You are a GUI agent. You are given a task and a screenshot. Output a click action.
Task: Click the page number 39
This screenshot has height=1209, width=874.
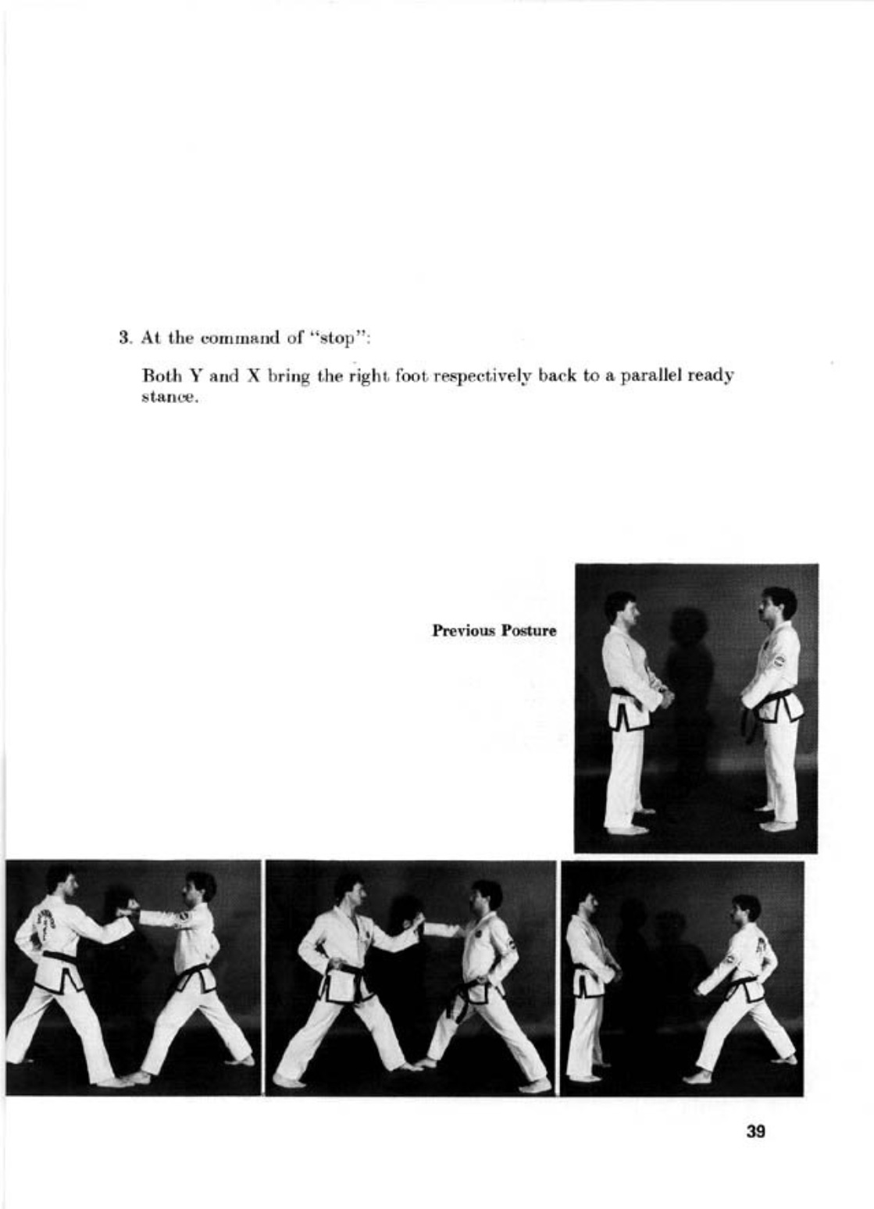pyautogui.click(x=755, y=1130)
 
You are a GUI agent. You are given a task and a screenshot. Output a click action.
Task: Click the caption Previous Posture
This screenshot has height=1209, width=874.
pyautogui.click(x=494, y=630)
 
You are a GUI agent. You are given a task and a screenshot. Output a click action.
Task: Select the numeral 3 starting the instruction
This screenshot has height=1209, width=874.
pyautogui.click(x=123, y=338)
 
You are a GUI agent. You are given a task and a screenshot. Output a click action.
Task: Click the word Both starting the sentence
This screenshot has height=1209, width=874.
pyautogui.click(x=155, y=376)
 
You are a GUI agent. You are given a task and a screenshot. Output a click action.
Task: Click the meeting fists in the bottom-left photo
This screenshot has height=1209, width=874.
pyautogui.click(x=127, y=908)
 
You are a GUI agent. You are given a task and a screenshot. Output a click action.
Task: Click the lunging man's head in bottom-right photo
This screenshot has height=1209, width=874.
pyautogui.click(x=744, y=909)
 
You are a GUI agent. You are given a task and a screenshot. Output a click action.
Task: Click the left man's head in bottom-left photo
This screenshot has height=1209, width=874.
pyautogui.click(x=61, y=883)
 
